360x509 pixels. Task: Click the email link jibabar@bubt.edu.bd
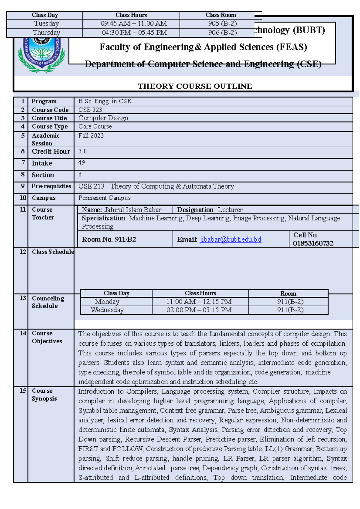pos(230,239)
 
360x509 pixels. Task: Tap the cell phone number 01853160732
pos(313,243)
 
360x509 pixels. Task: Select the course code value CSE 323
pos(90,110)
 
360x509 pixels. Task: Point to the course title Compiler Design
pos(103,118)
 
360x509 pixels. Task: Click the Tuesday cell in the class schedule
pos(46,24)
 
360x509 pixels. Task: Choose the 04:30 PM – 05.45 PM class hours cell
pos(134,33)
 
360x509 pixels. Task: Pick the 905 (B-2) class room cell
pos(222,24)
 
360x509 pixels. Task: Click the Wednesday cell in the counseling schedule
pos(107,310)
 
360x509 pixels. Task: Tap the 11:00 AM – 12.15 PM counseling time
pos(199,302)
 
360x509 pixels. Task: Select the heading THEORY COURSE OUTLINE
pos(195,86)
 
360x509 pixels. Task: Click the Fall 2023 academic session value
pos(91,135)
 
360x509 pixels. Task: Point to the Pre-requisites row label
pos(51,186)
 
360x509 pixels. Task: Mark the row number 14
pos(23,333)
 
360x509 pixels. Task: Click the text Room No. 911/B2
pos(109,239)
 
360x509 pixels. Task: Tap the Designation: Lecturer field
pos(210,210)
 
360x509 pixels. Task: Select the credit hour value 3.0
pos(82,151)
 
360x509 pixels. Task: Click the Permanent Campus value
pos(104,198)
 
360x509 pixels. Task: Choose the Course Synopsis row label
pos(44,394)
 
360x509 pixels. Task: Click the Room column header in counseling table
pos(288,293)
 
